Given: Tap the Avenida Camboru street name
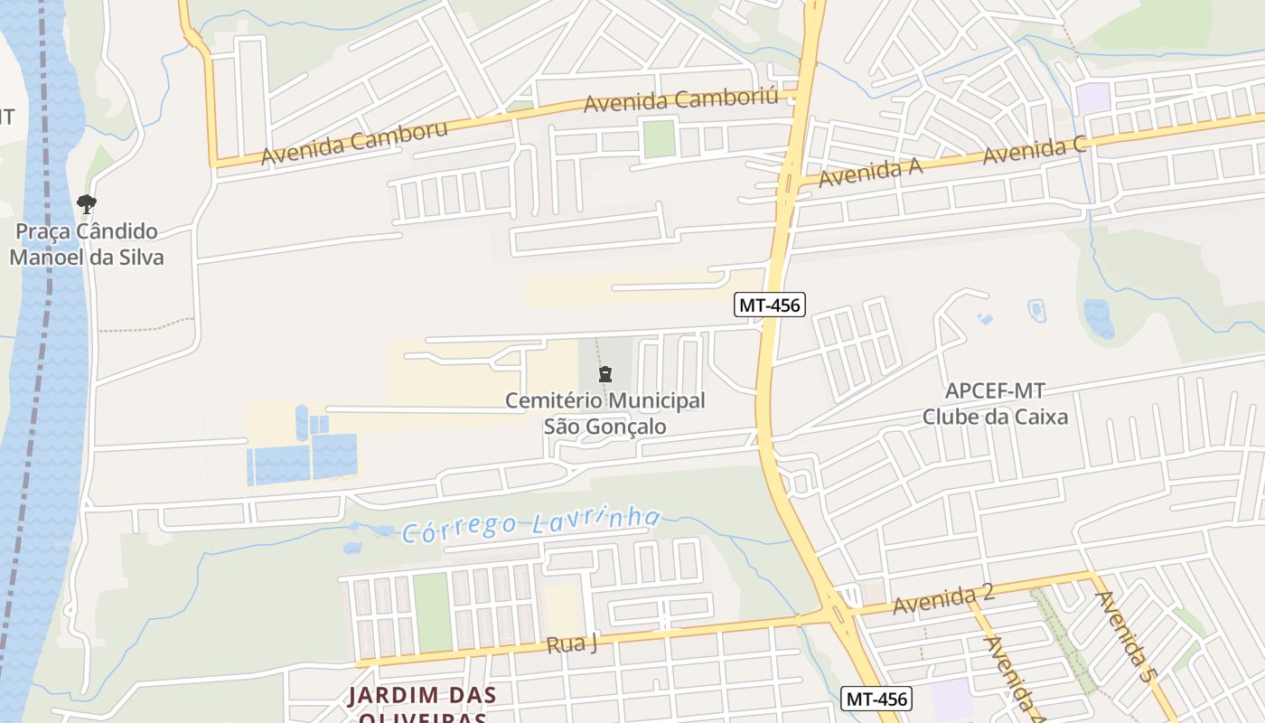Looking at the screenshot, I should coord(354,144).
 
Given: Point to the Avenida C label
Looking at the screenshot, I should coord(1034,150).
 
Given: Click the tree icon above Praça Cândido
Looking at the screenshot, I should coord(87,204).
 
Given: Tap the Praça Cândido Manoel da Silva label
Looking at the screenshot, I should coord(87,244).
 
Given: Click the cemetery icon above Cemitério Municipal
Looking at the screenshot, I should coord(604,373).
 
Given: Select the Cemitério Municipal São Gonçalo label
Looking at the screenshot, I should coord(604,413).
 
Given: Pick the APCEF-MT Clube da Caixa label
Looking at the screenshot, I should coord(994,404).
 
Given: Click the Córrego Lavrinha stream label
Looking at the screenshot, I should coord(531,525).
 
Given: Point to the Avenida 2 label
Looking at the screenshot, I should coord(942,599).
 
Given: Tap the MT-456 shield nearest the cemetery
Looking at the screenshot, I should coord(769,305).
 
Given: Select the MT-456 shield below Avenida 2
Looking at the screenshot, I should coord(876,699).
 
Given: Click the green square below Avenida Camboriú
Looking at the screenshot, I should coord(659,138).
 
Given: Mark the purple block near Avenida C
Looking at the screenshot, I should coord(1093,99).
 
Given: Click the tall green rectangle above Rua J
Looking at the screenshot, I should coord(432,612).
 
